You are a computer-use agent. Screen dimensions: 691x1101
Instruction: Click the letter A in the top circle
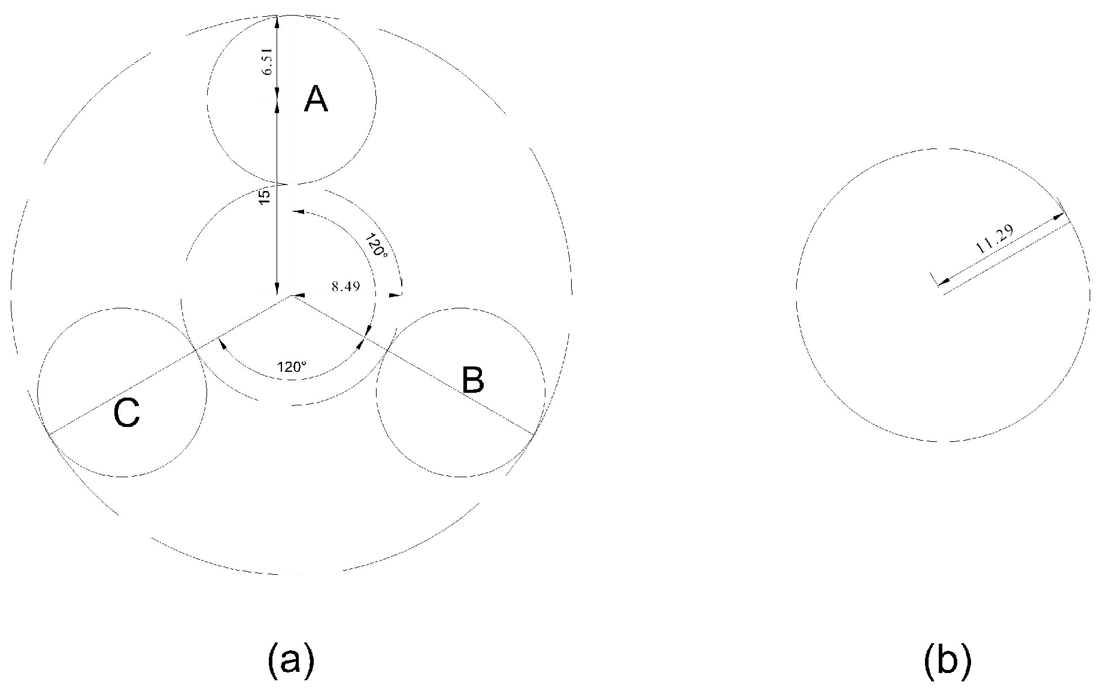pos(316,99)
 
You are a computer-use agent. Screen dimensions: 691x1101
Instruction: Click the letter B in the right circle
pos(473,380)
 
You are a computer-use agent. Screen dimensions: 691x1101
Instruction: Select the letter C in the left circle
pos(127,413)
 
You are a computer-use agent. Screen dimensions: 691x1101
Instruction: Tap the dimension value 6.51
pos(268,62)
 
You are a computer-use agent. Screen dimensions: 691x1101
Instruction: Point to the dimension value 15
pos(265,195)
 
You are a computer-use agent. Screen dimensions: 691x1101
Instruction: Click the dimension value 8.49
pos(345,286)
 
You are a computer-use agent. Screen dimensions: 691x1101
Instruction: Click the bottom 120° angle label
pos(292,367)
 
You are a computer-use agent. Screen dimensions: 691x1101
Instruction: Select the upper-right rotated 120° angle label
pos(377,244)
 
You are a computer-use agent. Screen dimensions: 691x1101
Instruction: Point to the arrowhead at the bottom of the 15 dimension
pos(277,290)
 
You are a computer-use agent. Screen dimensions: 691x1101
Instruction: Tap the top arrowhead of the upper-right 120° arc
pos(298,211)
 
